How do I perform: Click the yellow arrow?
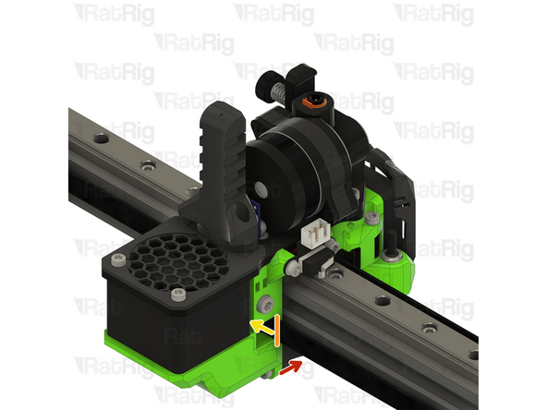click(x=261, y=327)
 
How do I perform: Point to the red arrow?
click(x=290, y=368)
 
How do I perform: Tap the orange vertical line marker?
click(x=276, y=331)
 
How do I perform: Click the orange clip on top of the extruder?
click(x=308, y=102)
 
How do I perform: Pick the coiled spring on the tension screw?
click(x=278, y=92)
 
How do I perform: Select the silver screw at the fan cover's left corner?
click(x=118, y=259)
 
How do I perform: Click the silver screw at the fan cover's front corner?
click(x=178, y=295)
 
